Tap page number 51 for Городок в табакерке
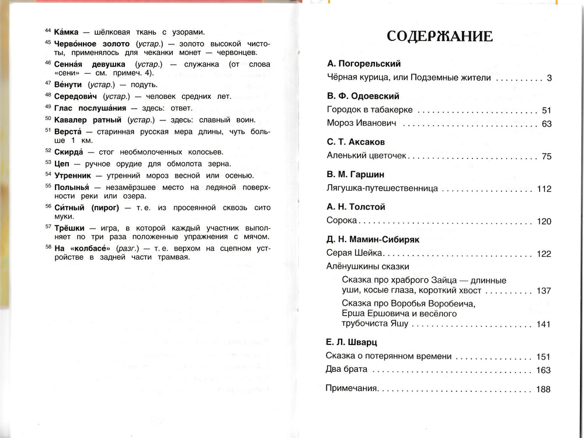(x=546, y=110)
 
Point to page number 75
(x=546, y=157)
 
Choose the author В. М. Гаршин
(x=355, y=174)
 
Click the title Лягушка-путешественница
(x=381, y=189)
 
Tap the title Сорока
(x=341, y=221)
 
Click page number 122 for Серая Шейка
(x=544, y=254)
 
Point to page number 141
(x=544, y=325)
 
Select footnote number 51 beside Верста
(x=47, y=130)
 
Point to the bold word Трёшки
(x=69, y=227)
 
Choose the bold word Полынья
(x=72, y=186)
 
